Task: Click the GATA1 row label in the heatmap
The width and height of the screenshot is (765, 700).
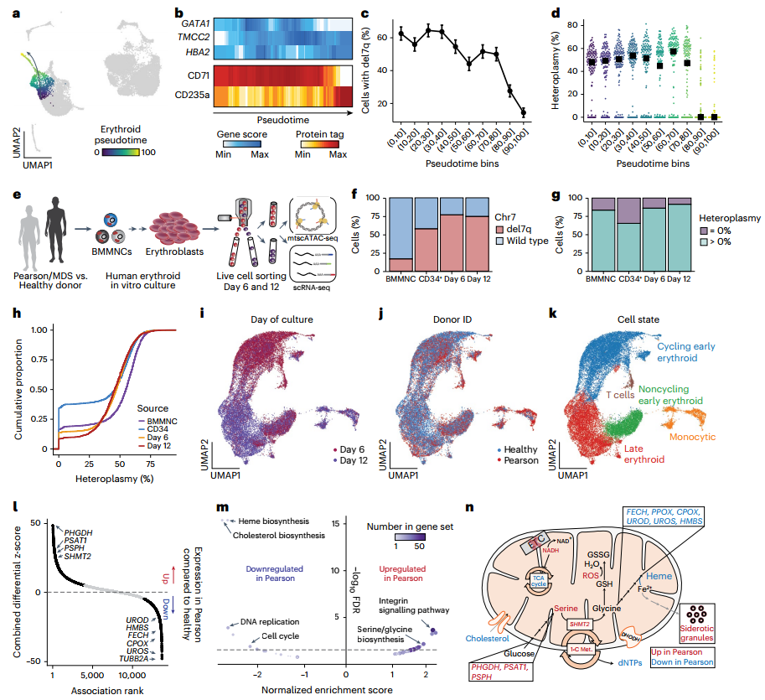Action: [x=201, y=25]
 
